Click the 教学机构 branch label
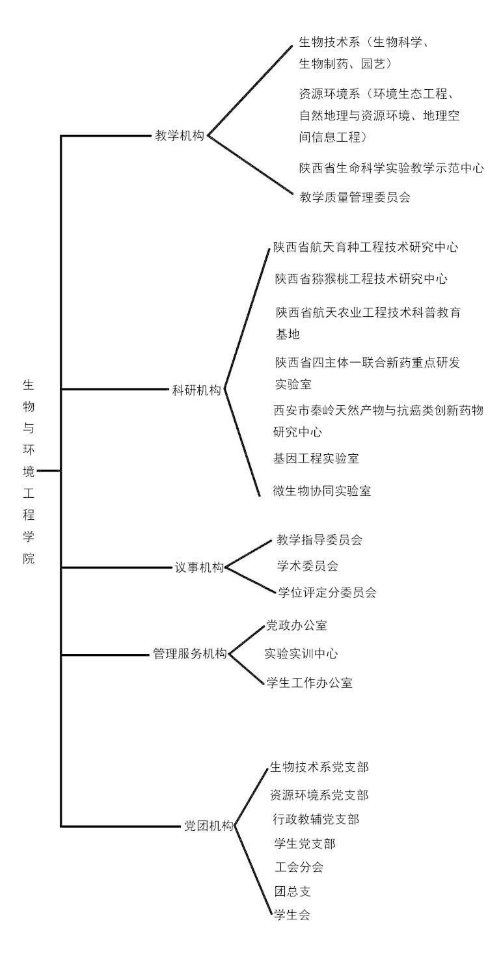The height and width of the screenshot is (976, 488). pyautogui.click(x=180, y=135)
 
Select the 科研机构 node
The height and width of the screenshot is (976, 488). pyautogui.click(x=197, y=390)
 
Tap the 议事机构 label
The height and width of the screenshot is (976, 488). pyautogui.click(x=199, y=567)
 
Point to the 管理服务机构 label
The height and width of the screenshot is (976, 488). pyautogui.click(x=190, y=653)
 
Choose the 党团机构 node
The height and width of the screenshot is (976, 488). pyautogui.click(x=209, y=826)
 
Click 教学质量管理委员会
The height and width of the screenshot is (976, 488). pyautogui.click(x=355, y=197)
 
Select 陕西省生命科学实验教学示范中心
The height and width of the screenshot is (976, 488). pyautogui.click(x=392, y=168)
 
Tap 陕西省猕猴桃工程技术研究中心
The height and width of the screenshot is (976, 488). pyautogui.click(x=361, y=279)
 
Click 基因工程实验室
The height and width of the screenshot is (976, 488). pyautogui.click(x=316, y=458)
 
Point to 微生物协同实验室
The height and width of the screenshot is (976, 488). pyautogui.click(x=322, y=491)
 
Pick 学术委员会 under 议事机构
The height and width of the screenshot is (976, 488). pyautogui.click(x=308, y=566)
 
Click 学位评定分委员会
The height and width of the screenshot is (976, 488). pyautogui.click(x=327, y=592)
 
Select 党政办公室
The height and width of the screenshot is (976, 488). pyautogui.click(x=297, y=626)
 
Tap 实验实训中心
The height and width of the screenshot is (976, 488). pyautogui.click(x=301, y=653)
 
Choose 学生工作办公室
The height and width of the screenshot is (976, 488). pyautogui.click(x=309, y=683)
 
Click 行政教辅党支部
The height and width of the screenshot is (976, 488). pyautogui.click(x=316, y=820)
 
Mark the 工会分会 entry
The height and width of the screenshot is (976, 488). pyautogui.click(x=299, y=867)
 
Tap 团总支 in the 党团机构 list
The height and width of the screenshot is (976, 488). pyautogui.click(x=292, y=891)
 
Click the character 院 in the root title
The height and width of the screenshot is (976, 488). pyautogui.click(x=29, y=558)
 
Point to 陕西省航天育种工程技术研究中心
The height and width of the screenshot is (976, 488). pyautogui.click(x=366, y=247)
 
